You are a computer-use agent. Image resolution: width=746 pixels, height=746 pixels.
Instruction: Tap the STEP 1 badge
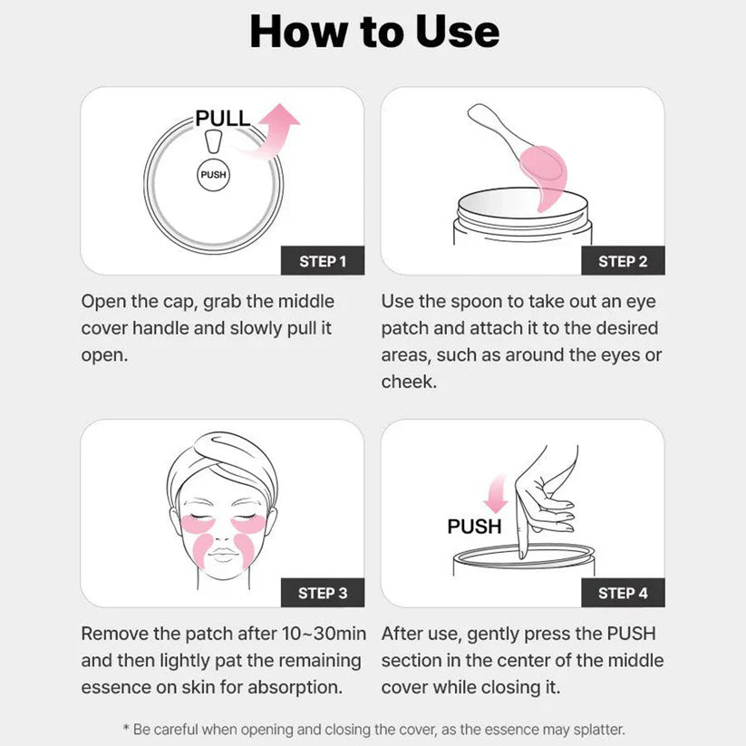pos(323,261)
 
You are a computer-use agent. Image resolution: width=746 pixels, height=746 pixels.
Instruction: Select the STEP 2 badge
pos(623,261)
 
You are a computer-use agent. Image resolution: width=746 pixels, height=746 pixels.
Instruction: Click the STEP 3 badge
pos(323,593)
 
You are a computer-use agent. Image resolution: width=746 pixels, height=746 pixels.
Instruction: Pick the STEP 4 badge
pos(623,593)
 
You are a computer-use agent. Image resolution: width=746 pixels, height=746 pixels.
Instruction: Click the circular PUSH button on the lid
pos(213,174)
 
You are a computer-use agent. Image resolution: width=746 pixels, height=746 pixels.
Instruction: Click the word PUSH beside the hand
pos(474,527)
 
